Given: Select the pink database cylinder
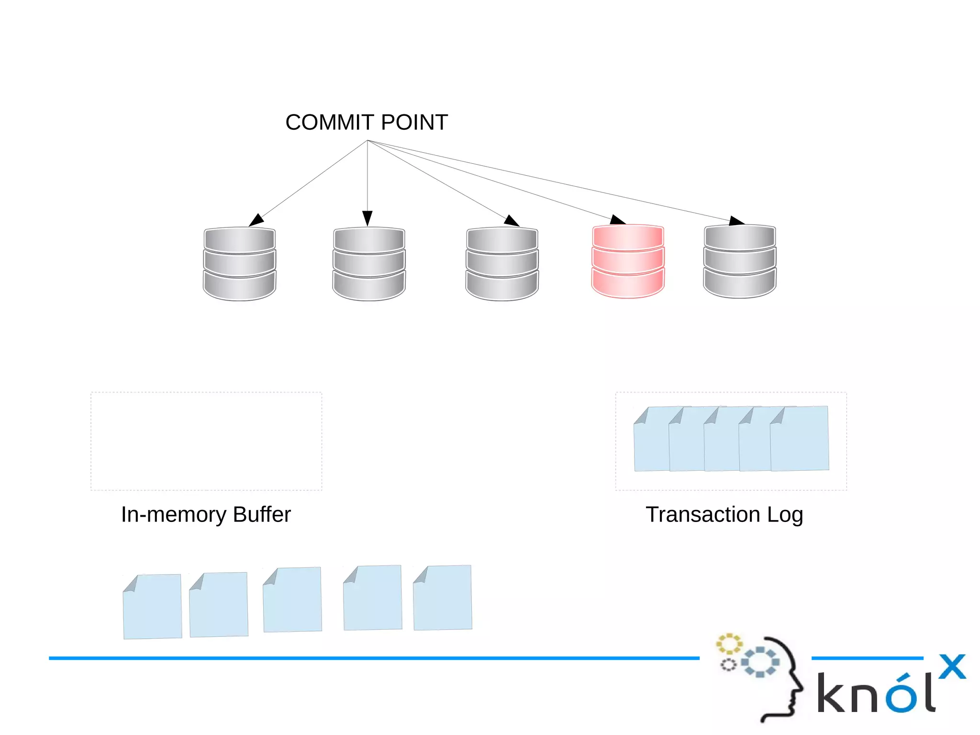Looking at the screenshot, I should click(x=628, y=261).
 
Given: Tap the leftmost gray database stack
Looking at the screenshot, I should click(x=239, y=263).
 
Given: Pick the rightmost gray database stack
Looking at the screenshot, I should click(x=739, y=261).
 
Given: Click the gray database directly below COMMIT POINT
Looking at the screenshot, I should click(x=369, y=263).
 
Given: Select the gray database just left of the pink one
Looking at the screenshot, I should click(x=502, y=263).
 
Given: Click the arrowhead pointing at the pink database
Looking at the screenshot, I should click(x=618, y=220).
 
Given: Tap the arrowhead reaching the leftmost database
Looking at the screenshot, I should click(x=256, y=220).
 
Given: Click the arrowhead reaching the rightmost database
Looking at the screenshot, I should click(x=736, y=221).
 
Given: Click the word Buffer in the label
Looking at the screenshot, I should click(x=262, y=515).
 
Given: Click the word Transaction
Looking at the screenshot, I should click(x=702, y=515).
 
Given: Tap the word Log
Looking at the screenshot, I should click(x=785, y=515).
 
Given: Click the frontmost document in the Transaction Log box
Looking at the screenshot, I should click(x=800, y=440).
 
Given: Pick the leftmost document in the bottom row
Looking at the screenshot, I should click(x=152, y=607).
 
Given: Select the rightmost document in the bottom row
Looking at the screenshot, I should click(x=443, y=598).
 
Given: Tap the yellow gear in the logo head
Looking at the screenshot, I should click(x=729, y=644).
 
